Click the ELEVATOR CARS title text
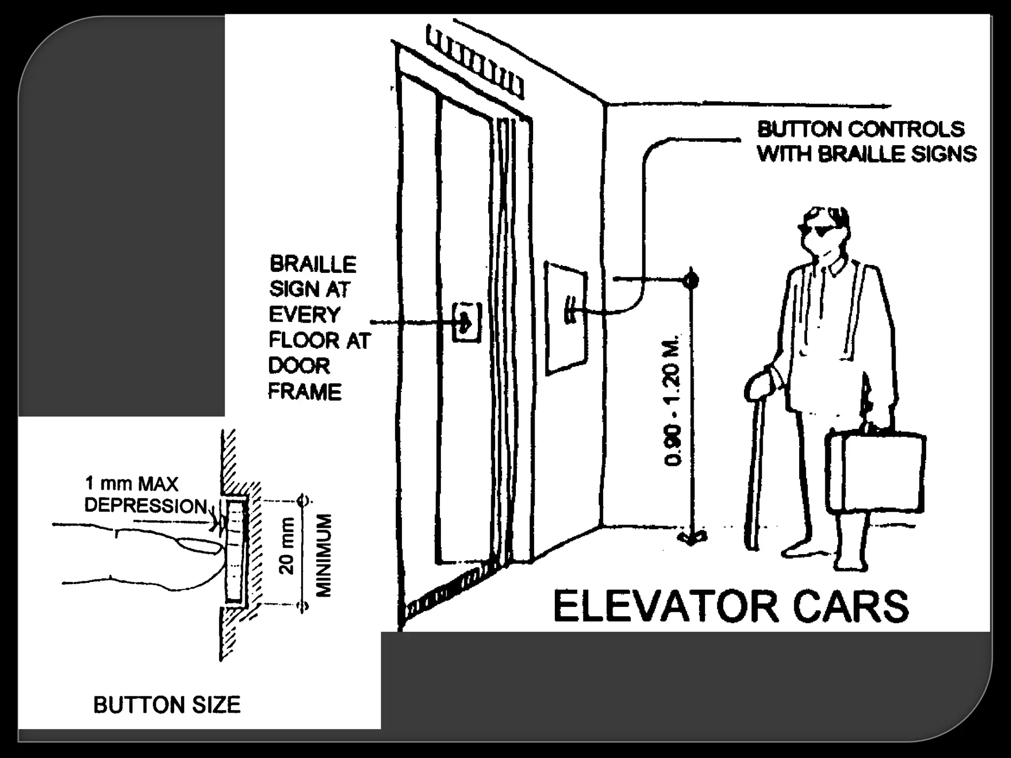(x=731, y=606)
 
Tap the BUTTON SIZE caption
(x=167, y=705)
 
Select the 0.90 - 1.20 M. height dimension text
(x=673, y=400)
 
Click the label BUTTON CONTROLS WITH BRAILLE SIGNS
(x=866, y=142)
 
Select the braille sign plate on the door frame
(x=466, y=321)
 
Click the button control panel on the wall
(x=566, y=317)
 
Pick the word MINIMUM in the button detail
(x=324, y=555)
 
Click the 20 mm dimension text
(x=287, y=546)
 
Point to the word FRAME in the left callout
(x=305, y=392)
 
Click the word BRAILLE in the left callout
(x=313, y=265)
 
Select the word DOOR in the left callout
(x=299, y=366)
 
